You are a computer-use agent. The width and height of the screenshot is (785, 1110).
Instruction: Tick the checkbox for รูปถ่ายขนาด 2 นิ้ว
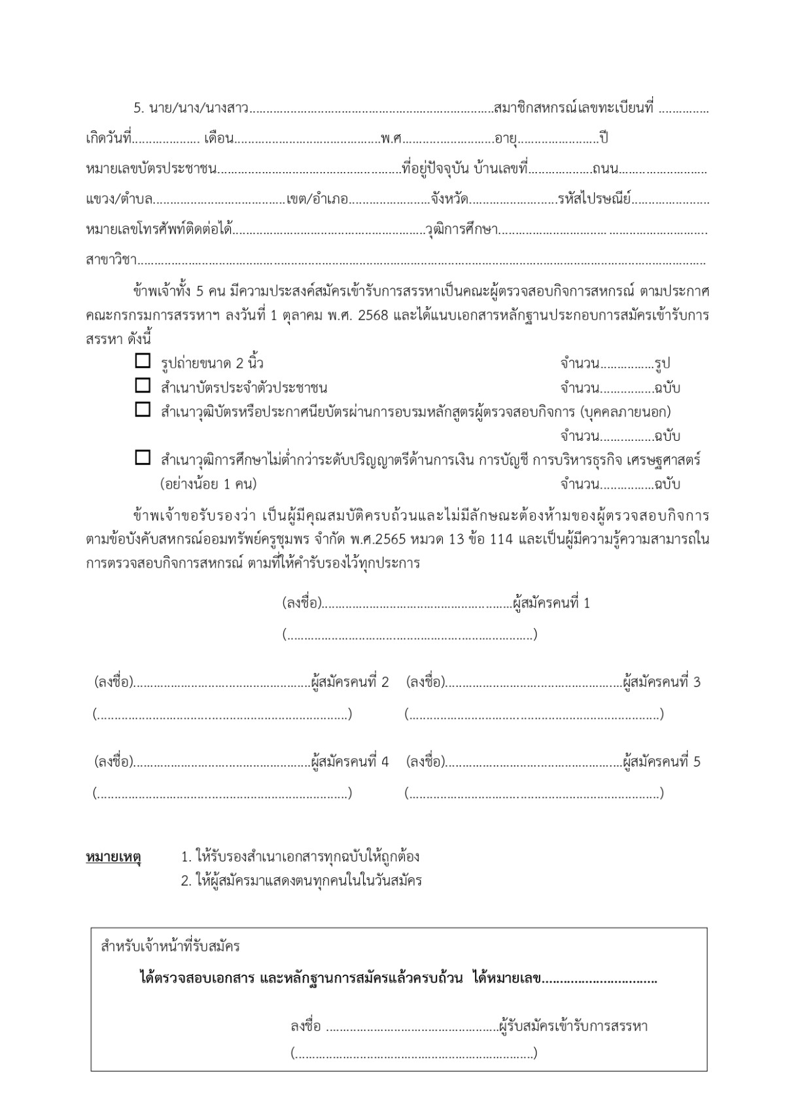click(143, 360)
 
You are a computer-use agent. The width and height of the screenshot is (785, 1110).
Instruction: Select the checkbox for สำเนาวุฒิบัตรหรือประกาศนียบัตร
click(143, 409)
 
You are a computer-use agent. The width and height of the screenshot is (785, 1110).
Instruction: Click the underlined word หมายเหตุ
click(113, 857)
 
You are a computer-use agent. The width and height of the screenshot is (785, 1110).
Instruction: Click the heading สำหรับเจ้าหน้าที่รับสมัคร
click(171, 946)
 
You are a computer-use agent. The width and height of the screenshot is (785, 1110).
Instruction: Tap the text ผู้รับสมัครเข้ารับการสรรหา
click(573, 1026)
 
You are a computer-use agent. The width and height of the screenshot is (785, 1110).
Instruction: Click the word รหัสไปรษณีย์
click(594, 199)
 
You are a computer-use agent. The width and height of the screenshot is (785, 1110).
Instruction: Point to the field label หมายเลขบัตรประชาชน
click(151, 169)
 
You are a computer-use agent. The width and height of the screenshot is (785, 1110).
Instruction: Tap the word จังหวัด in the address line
click(450, 199)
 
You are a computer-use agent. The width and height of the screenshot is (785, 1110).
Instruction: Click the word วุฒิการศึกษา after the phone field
click(462, 230)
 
